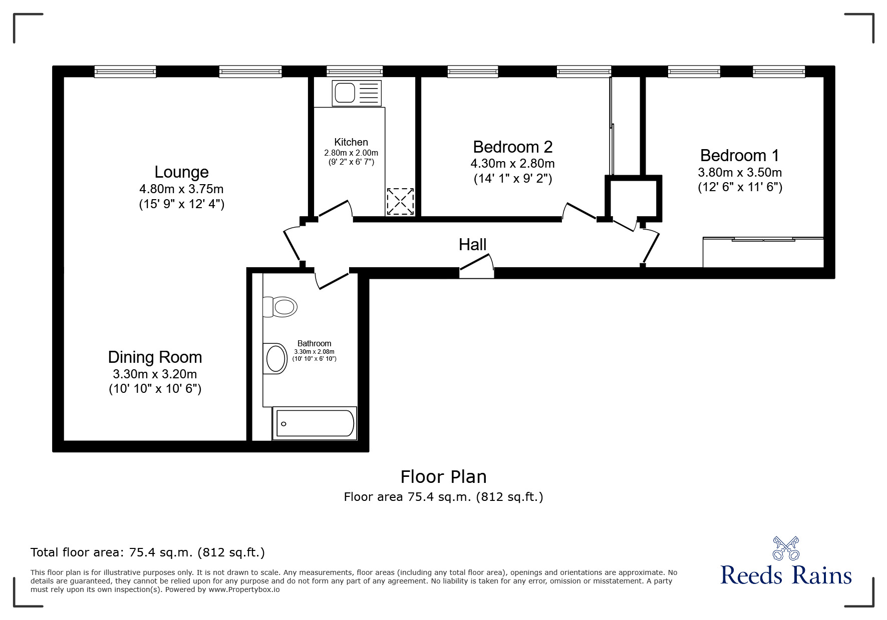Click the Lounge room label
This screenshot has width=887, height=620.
pyautogui.click(x=181, y=172)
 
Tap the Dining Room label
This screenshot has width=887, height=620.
pyautogui.click(x=155, y=357)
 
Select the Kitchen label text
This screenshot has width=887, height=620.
pyautogui.click(x=351, y=142)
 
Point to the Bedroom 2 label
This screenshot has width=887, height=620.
pyautogui.click(x=513, y=147)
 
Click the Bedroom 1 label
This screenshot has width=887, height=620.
pyautogui.click(x=740, y=156)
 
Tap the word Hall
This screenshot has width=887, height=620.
pyautogui.click(x=473, y=245)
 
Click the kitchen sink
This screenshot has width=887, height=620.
pyautogui.click(x=357, y=93)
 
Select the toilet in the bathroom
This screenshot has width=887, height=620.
pyautogui.click(x=279, y=307)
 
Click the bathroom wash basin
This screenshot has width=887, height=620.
pyautogui.click(x=275, y=359)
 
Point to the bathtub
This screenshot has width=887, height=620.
pyautogui.click(x=315, y=423)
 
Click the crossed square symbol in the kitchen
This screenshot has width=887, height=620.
pyautogui.click(x=400, y=202)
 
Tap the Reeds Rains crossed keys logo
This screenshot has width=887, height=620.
pyautogui.click(x=786, y=548)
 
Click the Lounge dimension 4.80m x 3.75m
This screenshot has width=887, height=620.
pyautogui.click(x=181, y=189)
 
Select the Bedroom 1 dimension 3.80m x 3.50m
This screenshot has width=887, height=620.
pyautogui.click(x=740, y=173)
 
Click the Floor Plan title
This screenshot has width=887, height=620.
pyautogui.click(x=443, y=477)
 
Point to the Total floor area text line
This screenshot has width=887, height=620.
pyautogui.click(x=148, y=552)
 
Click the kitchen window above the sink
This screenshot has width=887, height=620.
pyautogui.click(x=355, y=72)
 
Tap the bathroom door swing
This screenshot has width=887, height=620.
pyautogui.click(x=332, y=279)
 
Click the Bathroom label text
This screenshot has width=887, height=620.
pyautogui.click(x=314, y=343)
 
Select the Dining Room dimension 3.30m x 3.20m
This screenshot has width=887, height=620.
pyautogui.click(x=155, y=374)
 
